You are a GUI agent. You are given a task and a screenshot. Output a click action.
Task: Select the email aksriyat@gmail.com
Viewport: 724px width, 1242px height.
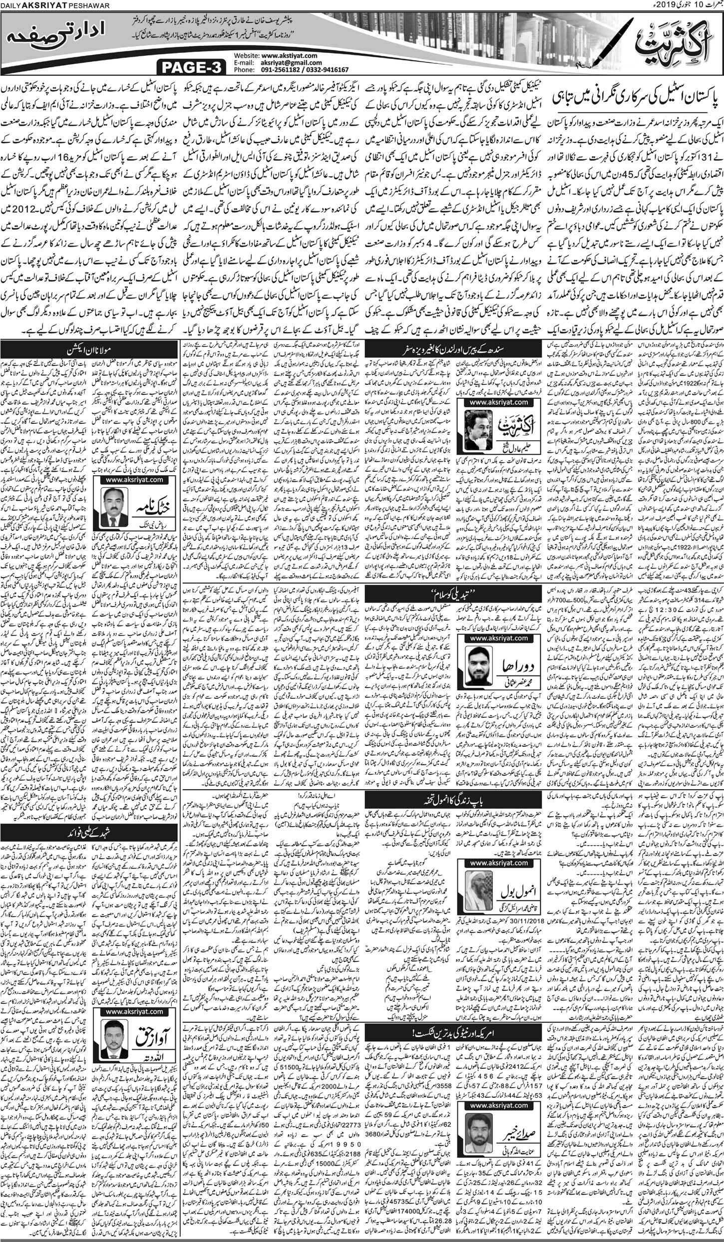pos(291,63)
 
